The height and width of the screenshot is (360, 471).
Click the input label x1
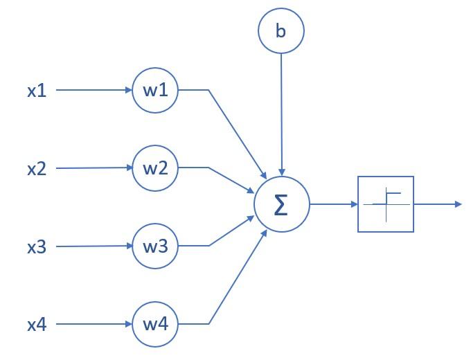coord(37,90)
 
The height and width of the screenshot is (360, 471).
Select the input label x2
coord(37,168)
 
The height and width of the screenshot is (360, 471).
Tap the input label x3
coord(37,246)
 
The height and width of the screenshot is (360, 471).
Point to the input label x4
coord(37,324)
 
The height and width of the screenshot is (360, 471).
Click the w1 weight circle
coord(156,89)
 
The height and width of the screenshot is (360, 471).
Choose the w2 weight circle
coord(156,168)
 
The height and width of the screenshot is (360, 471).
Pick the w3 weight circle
coord(156,246)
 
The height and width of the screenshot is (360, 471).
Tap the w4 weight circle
coord(156,324)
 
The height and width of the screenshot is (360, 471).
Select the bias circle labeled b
coord(281,31)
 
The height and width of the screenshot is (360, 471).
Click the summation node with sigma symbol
coord(281,204)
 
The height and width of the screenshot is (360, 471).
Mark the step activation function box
coord(386,204)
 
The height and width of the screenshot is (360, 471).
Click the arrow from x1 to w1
coord(94,90)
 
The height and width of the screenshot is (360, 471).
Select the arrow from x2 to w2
coord(94,168)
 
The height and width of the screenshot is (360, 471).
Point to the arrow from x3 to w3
coord(94,246)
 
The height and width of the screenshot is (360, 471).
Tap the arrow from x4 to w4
coord(94,324)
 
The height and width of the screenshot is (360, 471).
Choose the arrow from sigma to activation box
coord(333,204)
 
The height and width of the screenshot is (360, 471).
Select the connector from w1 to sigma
coord(235,132)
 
